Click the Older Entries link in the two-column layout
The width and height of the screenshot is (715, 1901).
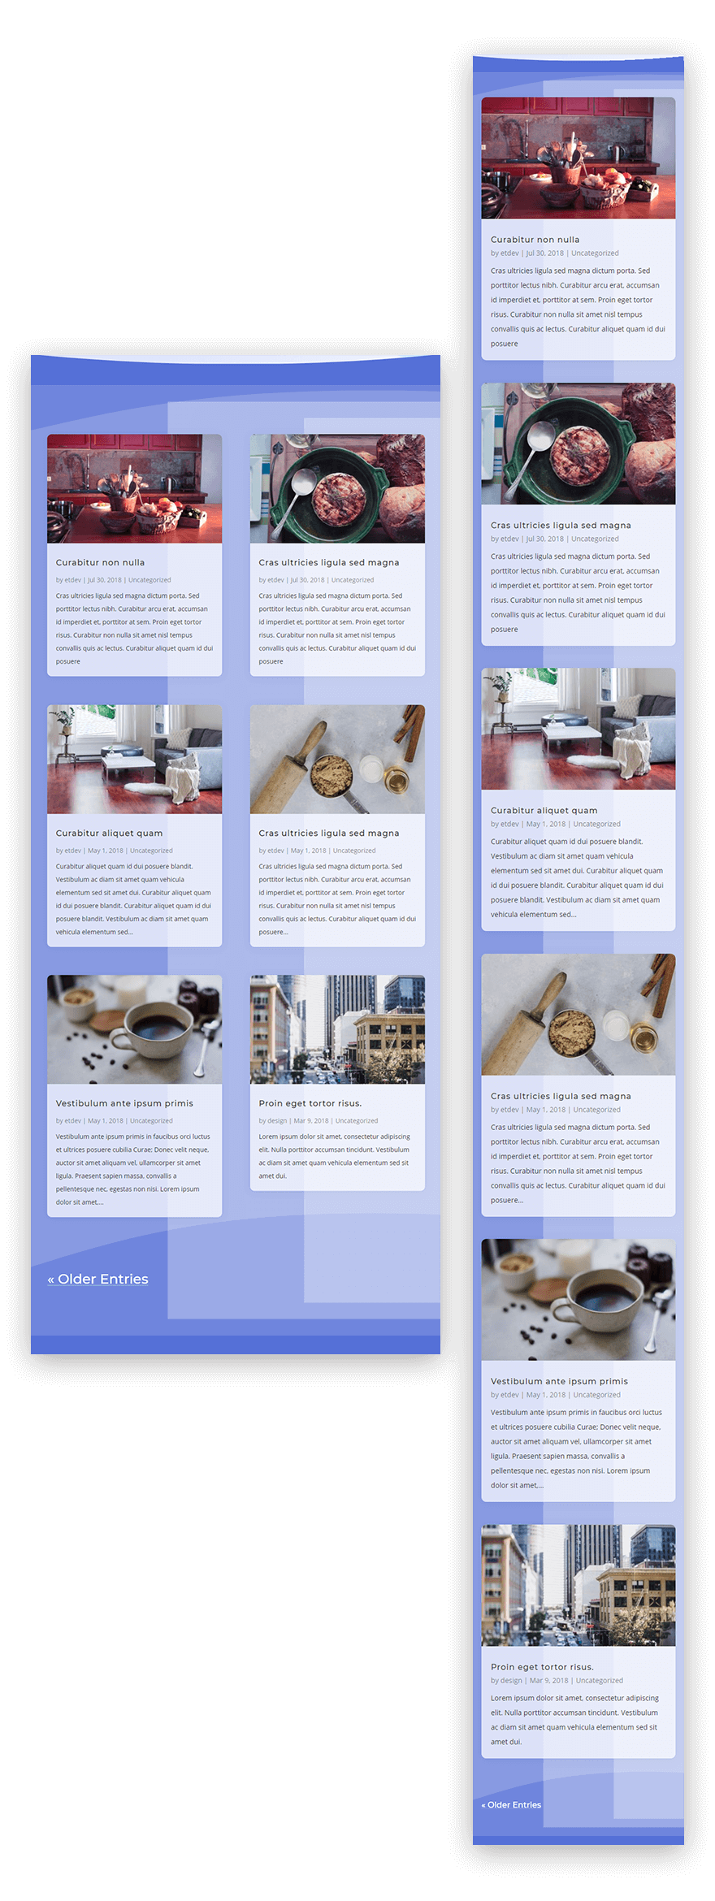pyautogui.click(x=98, y=1279)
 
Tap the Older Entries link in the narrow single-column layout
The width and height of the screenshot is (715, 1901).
pyautogui.click(x=511, y=1804)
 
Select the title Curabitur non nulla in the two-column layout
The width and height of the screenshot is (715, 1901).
pyautogui.click(x=100, y=562)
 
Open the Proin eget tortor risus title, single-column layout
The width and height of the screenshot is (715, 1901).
pyautogui.click(x=542, y=1666)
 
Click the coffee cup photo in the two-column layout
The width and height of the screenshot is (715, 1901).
pyautogui.click(x=134, y=1029)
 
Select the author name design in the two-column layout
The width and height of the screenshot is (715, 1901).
pyautogui.click(x=277, y=1120)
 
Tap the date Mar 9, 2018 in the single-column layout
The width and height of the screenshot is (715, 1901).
pyautogui.click(x=548, y=1680)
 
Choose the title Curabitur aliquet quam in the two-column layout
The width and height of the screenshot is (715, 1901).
pyautogui.click(x=109, y=833)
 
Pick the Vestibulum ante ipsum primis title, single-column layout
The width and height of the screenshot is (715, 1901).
pyautogui.click(x=559, y=1381)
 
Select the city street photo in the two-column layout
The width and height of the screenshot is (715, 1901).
pyautogui.click(x=337, y=1029)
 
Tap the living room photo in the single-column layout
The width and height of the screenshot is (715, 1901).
pyautogui.click(x=578, y=729)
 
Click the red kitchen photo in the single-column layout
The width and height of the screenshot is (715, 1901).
pyautogui.click(x=578, y=158)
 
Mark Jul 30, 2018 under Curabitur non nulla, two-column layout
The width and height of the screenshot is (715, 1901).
pyautogui.click(x=104, y=580)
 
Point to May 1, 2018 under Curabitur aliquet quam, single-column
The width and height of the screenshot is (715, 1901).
pyautogui.click(x=545, y=824)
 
